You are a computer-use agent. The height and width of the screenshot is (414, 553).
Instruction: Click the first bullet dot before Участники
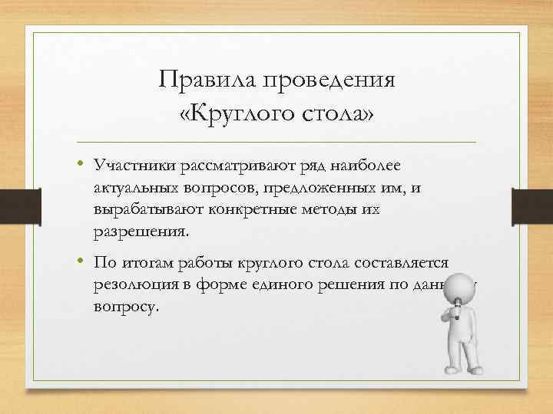[x=79, y=166]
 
